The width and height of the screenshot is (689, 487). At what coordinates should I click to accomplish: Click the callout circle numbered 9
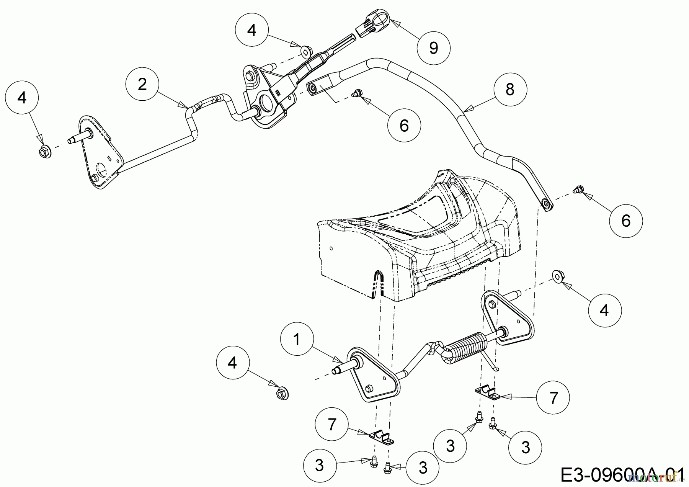pos(433,47)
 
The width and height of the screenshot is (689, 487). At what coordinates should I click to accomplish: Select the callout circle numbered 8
pos(509,90)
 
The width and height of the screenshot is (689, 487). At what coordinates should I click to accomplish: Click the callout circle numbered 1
pos(297,340)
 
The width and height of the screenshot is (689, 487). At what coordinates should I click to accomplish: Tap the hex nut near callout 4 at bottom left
pos(282,393)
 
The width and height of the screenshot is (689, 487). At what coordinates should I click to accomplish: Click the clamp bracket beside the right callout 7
pos(487,392)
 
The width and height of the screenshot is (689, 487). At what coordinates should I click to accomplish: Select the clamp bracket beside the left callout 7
pos(382,439)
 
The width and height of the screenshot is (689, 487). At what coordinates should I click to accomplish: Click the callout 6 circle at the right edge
pos(626,221)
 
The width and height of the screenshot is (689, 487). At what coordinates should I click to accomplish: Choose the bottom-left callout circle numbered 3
pos(319,465)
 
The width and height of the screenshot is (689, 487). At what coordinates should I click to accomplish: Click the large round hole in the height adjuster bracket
pos(265,103)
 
